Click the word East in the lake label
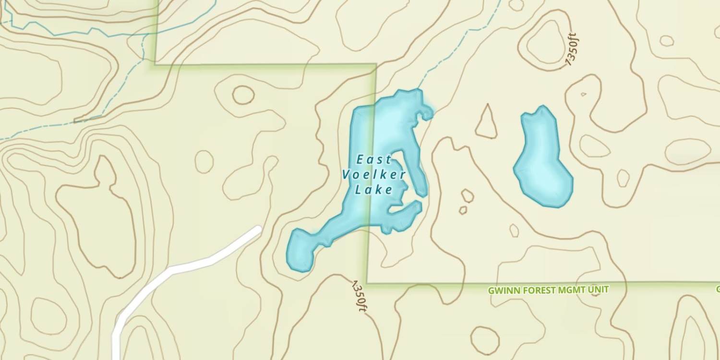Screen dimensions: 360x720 click(x=374, y=160)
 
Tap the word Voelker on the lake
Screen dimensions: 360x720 click(x=374, y=175)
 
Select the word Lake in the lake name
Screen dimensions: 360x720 click(x=374, y=190)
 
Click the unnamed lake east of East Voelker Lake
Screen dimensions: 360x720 click(x=543, y=161)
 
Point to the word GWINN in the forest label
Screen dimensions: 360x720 click(x=501, y=290)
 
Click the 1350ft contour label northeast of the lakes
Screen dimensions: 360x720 click(x=573, y=49)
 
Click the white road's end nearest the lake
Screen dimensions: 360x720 click(x=258, y=229)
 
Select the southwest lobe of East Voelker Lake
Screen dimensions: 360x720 click(x=300, y=250)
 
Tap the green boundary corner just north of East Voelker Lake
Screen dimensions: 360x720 click(x=375, y=65)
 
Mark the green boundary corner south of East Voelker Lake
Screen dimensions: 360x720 click(x=368, y=283)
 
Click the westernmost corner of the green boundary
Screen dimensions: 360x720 click(x=155, y=64)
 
